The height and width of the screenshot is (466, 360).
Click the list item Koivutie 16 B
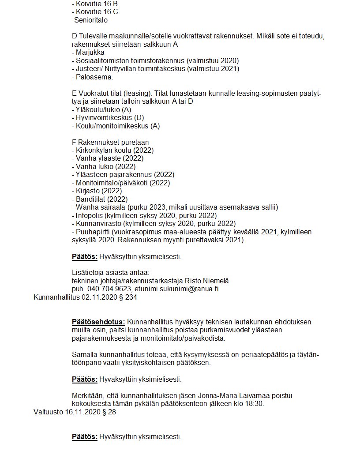[x=95, y=4]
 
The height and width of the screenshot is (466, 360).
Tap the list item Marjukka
[x=90, y=52]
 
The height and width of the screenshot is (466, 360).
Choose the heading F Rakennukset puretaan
[x=110, y=142]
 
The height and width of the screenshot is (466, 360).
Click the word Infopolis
[x=90, y=215]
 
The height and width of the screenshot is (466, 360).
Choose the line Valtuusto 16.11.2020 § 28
[x=75, y=412]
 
